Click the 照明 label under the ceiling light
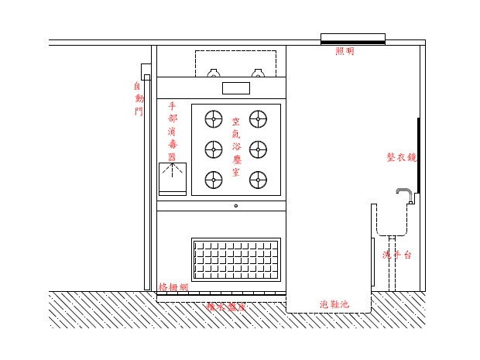tap(345, 51)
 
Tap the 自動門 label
tap(139, 98)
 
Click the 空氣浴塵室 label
tap(235, 147)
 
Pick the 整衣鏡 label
tap(401, 156)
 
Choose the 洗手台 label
tap(396, 255)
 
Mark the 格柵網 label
tap(173, 287)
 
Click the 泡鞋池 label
tap(334, 304)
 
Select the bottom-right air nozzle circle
tap(258, 180)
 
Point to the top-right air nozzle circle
tap(258, 118)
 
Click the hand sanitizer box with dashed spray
tap(173, 178)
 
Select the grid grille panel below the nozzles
tap(235, 259)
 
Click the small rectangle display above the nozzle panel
tap(235, 88)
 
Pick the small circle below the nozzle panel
tap(235, 206)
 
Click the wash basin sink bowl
tap(393, 221)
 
